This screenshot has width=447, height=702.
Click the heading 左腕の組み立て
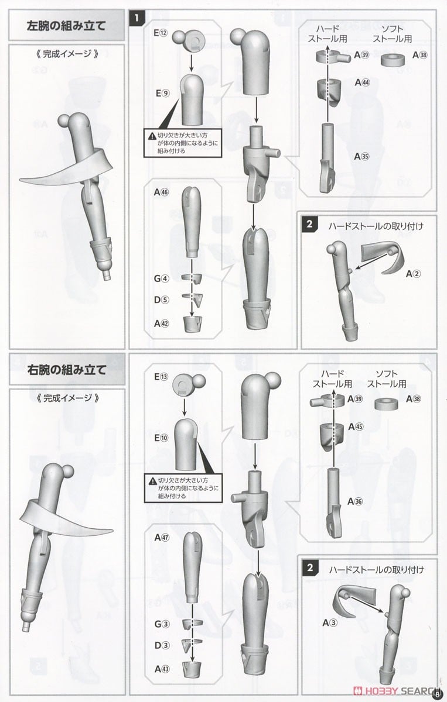[66, 26]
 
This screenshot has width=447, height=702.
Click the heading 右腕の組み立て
[67, 370]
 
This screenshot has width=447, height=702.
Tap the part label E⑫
[161, 33]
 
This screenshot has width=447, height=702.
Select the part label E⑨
[162, 93]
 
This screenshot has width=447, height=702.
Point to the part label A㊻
[161, 192]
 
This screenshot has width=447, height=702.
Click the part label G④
[161, 278]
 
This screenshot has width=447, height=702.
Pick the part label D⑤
[161, 300]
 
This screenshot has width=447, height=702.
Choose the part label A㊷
[162, 324]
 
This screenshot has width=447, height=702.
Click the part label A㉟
[361, 156]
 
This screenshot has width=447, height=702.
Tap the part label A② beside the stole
[413, 274]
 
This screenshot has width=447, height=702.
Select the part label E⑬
[161, 377]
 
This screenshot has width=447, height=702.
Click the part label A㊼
[162, 538]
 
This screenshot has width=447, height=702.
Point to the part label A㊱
[354, 501]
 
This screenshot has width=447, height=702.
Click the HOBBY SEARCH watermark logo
[397, 691]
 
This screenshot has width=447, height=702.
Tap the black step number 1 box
[137, 18]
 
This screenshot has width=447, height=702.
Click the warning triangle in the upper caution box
[152, 136]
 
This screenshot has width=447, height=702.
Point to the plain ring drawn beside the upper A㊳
[393, 60]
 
